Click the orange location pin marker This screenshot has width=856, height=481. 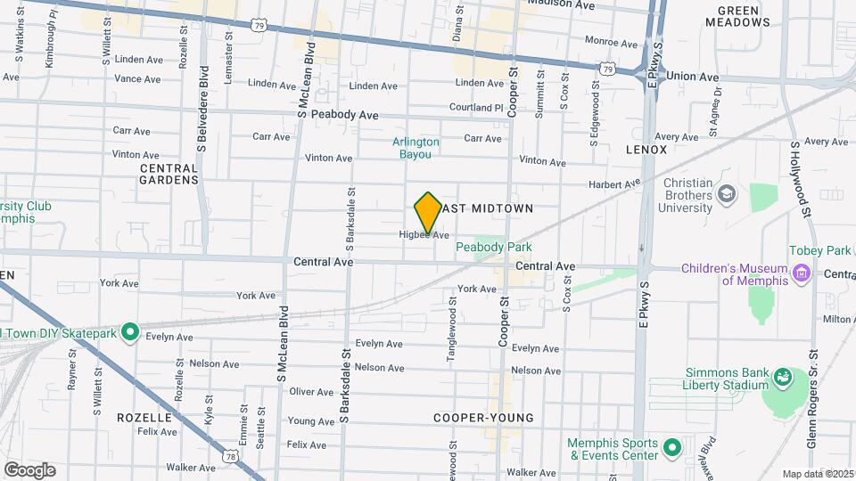[428, 213]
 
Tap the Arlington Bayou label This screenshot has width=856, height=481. [416, 148]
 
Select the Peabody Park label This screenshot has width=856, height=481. [493, 247]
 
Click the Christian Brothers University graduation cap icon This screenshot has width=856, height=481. [728, 193]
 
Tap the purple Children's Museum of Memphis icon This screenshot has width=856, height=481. [802, 273]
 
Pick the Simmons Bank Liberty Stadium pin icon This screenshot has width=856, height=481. [782, 377]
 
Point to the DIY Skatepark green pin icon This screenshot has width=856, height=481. [130, 332]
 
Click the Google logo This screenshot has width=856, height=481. [29, 470]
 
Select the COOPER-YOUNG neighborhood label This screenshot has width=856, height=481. [483, 418]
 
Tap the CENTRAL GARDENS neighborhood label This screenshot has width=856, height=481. [169, 174]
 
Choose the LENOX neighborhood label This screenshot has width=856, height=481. [646, 150]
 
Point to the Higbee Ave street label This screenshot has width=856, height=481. [424, 235]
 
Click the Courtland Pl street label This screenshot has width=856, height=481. [477, 108]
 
